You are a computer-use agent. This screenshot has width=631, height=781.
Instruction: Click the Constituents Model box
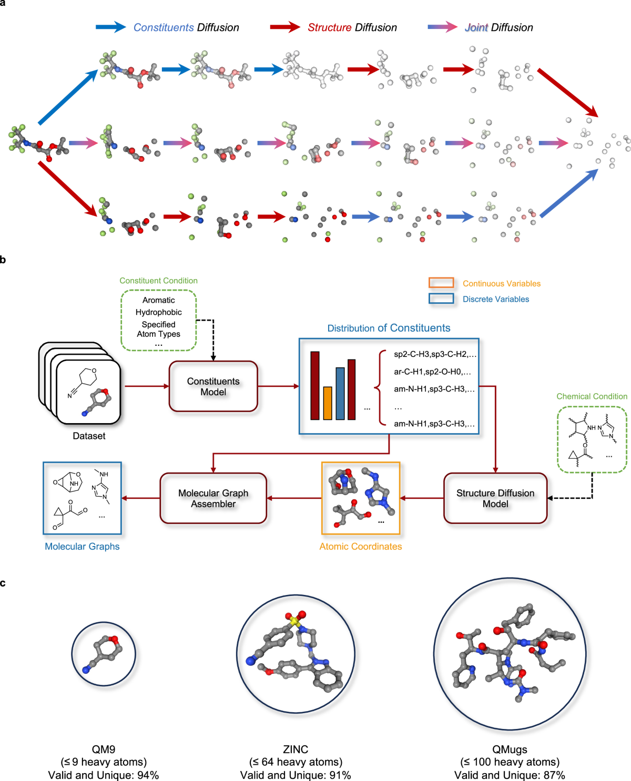click(x=213, y=386)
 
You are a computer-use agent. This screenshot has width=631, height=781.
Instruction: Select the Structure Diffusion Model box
click(x=495, y=498)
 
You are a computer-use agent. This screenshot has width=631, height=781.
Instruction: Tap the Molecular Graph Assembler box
click(x=213, y=498)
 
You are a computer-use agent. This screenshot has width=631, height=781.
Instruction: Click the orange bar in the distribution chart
click(x=328, y=403)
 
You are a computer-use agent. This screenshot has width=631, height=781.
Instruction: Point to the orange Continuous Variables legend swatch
click(x=441, y=283)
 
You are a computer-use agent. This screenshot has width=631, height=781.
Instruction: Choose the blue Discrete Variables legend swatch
click(x=441, y=299)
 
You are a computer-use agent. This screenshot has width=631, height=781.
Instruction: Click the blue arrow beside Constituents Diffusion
click(x=110, y=27)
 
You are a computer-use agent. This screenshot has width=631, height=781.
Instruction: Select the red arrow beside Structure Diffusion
click(x=284, y=27)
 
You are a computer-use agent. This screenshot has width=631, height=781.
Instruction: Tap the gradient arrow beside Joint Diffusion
click(x=442, y=27)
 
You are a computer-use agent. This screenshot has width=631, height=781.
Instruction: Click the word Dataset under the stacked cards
click(x=89, y=436)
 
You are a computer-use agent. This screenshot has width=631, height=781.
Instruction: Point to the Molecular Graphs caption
click(x=82, y=547)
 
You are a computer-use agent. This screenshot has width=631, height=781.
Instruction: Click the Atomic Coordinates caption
click(x=360, y=547)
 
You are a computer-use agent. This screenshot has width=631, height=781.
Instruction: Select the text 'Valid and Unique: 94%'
click(x=104, y=775)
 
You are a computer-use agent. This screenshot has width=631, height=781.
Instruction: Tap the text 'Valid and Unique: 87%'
click(x=510, y=775)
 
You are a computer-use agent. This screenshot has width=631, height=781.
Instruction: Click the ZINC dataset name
click(x=296, y=749)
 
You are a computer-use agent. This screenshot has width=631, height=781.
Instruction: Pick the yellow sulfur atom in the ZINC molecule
click(x=295, y=622)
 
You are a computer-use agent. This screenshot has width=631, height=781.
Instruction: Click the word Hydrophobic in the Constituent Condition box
click(x=158, y=312)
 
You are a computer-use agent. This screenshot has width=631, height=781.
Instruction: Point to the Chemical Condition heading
click(x=592, y=396)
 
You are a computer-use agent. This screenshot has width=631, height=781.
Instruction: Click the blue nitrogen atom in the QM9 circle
click(x=86, y=670)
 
